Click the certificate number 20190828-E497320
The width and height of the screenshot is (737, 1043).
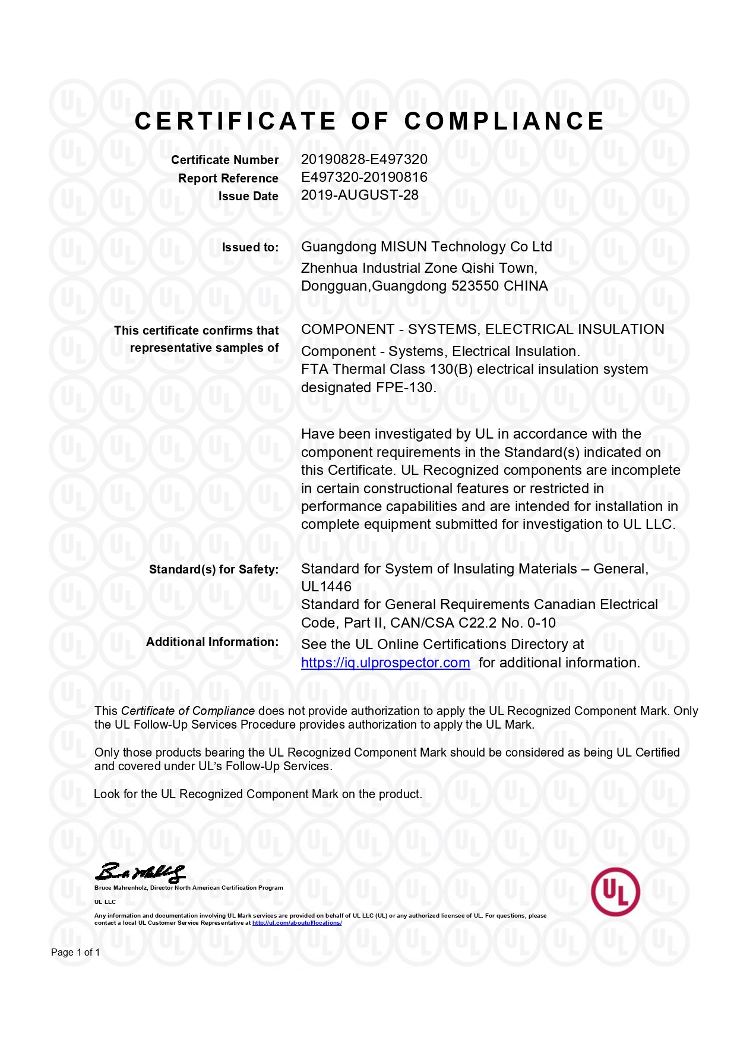[364, 159]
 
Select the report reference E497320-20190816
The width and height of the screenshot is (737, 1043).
[364, 177]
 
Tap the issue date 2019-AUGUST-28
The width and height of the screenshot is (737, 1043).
[359, 195]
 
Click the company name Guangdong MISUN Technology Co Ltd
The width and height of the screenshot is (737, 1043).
[426, 247]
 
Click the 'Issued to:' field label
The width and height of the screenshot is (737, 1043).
[250, 248]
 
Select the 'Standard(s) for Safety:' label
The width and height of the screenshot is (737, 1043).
[213, 569]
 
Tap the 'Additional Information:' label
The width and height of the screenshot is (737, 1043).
[212, 642]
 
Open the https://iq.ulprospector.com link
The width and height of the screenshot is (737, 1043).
[385, 663]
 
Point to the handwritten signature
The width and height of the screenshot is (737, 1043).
[140, 872]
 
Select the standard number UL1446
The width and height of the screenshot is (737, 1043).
[326, 587]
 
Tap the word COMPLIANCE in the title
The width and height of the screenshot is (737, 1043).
[504, 121]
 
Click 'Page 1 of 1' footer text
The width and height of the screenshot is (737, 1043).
[75, 952]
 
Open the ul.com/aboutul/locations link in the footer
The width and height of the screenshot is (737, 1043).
[297, 923]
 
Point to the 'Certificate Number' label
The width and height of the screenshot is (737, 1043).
[224, 160]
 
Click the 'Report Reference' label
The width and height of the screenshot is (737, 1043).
[228, 178]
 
